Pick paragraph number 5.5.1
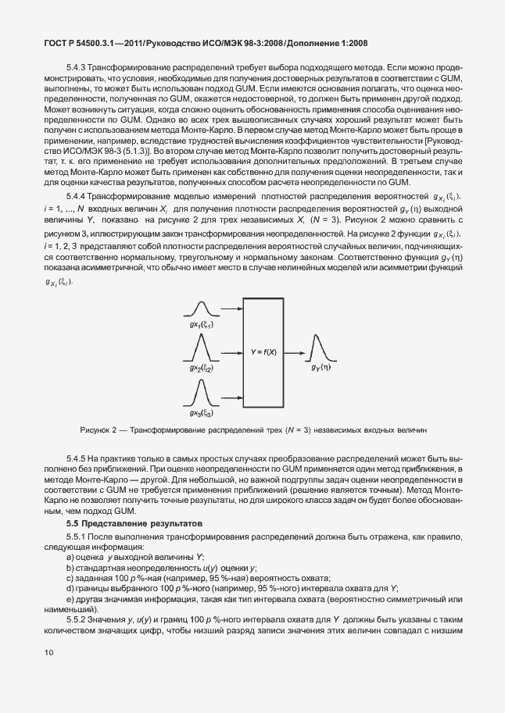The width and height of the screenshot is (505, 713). [79, 538]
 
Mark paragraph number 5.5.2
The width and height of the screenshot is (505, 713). [79, 620]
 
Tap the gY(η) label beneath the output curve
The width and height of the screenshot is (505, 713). [321, 366]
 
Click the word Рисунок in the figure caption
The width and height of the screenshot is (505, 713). [98, 430]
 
